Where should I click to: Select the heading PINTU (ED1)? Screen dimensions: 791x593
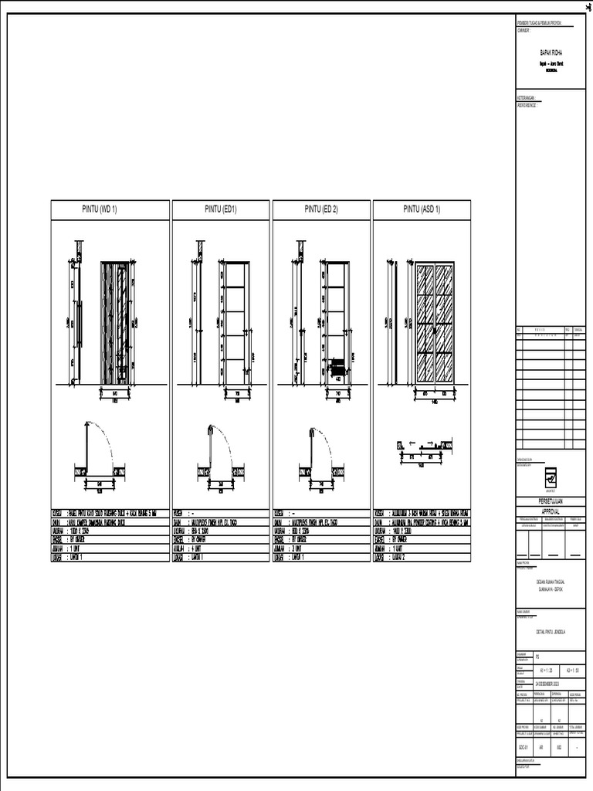(220, 209)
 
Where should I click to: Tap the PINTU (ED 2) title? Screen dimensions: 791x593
(321, 209)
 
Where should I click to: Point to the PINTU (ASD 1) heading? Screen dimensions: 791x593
(422, 209)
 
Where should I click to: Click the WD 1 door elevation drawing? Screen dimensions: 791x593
(118, 323)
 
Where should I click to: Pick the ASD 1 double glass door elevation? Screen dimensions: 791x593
(433, 323)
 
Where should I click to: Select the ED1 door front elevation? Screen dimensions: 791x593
(236, 323)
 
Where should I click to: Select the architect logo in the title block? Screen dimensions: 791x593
(551, 476)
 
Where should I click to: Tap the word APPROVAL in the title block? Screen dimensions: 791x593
(551, 509)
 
